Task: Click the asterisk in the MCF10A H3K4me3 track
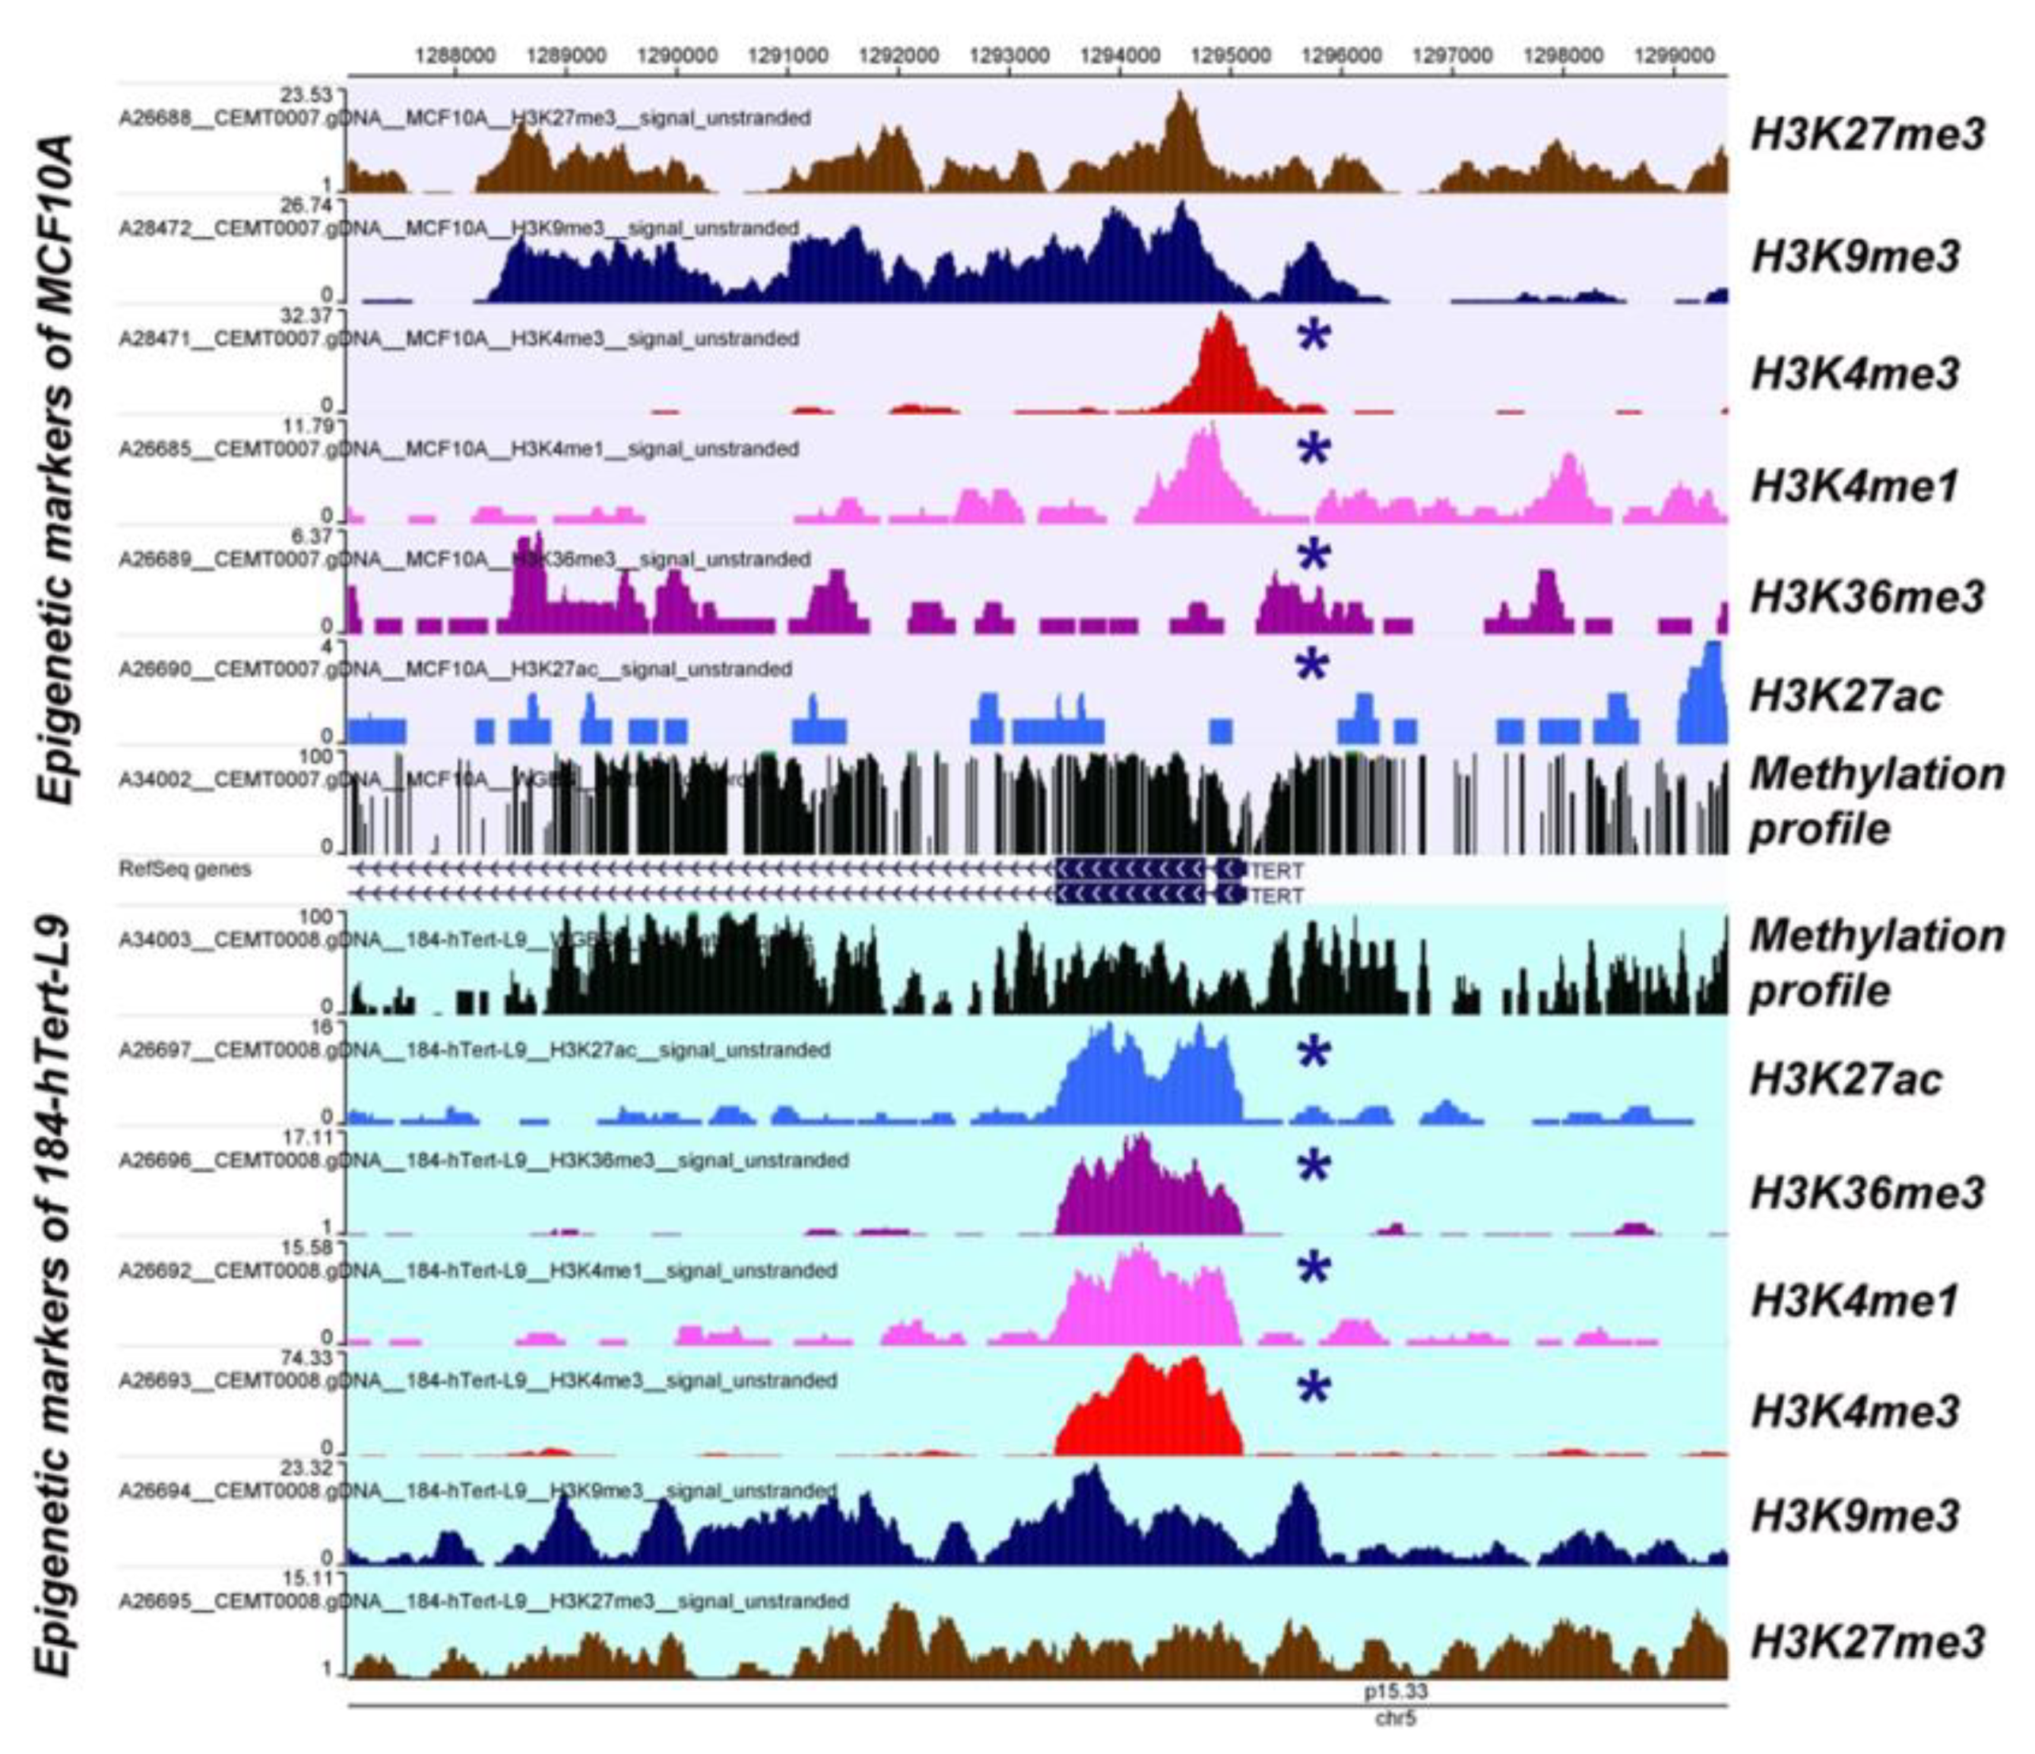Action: point(1313,337)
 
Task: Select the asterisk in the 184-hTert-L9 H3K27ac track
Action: point(1313,1054)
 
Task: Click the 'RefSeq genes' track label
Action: point(185,869)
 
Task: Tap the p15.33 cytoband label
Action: point(1396,1691)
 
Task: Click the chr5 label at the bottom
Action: point(1396,1718)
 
